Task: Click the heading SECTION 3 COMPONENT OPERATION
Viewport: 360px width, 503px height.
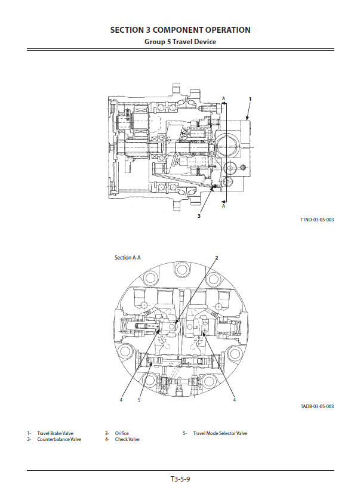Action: [180, 30]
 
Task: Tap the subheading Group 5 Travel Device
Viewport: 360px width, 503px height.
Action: [180, 42]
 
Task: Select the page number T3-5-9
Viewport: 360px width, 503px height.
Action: [180, 479]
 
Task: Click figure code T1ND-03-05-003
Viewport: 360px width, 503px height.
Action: [317, 220]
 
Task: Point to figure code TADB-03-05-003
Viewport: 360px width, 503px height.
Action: [317, 406]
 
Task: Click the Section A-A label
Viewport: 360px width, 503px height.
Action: [127, 258]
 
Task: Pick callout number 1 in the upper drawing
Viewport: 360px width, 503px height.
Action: [250, 99]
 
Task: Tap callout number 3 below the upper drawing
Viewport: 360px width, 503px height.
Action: [199, 216]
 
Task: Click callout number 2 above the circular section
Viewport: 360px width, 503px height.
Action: [217, 258]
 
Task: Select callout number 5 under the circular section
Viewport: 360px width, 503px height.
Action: [139, 400]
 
